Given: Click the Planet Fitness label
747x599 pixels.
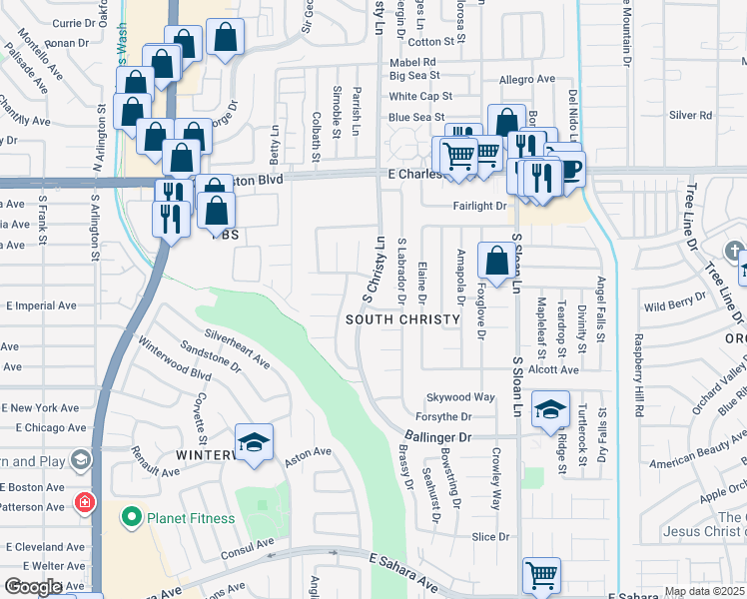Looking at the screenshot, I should click(192, 518).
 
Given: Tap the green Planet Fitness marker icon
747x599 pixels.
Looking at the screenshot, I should click(131, 518).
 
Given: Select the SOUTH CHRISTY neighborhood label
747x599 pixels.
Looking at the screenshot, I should click(402, 319).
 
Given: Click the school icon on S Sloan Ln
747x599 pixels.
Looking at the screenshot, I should click(549, 411).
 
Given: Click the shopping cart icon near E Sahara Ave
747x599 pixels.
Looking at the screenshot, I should click(540, 574).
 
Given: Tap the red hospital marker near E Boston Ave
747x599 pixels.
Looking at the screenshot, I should click(83, 500).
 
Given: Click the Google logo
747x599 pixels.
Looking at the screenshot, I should click(32, 587).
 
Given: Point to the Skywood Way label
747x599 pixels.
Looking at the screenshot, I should click(460, 397).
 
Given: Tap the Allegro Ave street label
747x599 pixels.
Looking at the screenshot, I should click(526, 79).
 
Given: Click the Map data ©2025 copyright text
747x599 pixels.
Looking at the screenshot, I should click(703, 591).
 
